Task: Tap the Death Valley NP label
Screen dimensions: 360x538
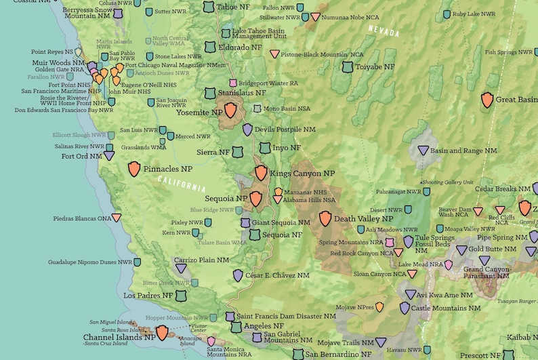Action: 363,219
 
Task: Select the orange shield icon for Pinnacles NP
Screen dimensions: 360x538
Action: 134,169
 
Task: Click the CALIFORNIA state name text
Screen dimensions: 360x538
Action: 181,184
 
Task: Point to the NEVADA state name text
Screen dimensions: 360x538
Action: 384,31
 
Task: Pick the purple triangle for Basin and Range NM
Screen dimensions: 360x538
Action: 423,151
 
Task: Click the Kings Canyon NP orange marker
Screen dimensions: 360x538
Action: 261,173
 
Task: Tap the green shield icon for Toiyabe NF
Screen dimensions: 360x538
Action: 348,67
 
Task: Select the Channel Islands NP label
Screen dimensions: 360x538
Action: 119,337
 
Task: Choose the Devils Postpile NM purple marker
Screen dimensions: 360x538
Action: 247,129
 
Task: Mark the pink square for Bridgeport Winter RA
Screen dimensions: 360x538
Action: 233,83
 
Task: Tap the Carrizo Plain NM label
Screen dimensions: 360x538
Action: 201,260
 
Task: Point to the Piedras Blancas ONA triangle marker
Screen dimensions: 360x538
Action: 117,218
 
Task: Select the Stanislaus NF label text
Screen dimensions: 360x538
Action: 241,93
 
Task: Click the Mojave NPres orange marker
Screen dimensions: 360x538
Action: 379,307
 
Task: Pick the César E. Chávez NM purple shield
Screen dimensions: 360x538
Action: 238,275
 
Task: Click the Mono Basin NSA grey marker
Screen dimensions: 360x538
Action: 257,108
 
